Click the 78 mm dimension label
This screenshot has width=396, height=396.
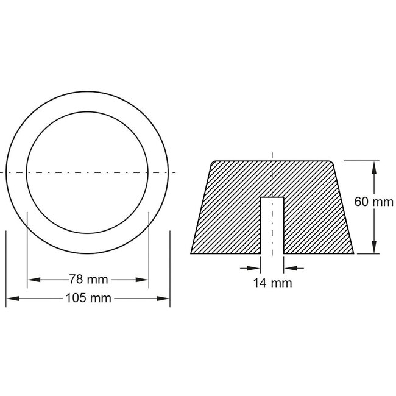88,280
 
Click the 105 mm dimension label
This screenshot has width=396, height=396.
88,299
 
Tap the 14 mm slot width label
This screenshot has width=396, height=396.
272,283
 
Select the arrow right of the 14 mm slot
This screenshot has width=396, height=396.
289,266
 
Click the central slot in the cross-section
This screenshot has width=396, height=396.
272,225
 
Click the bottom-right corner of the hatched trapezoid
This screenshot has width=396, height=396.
353,252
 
